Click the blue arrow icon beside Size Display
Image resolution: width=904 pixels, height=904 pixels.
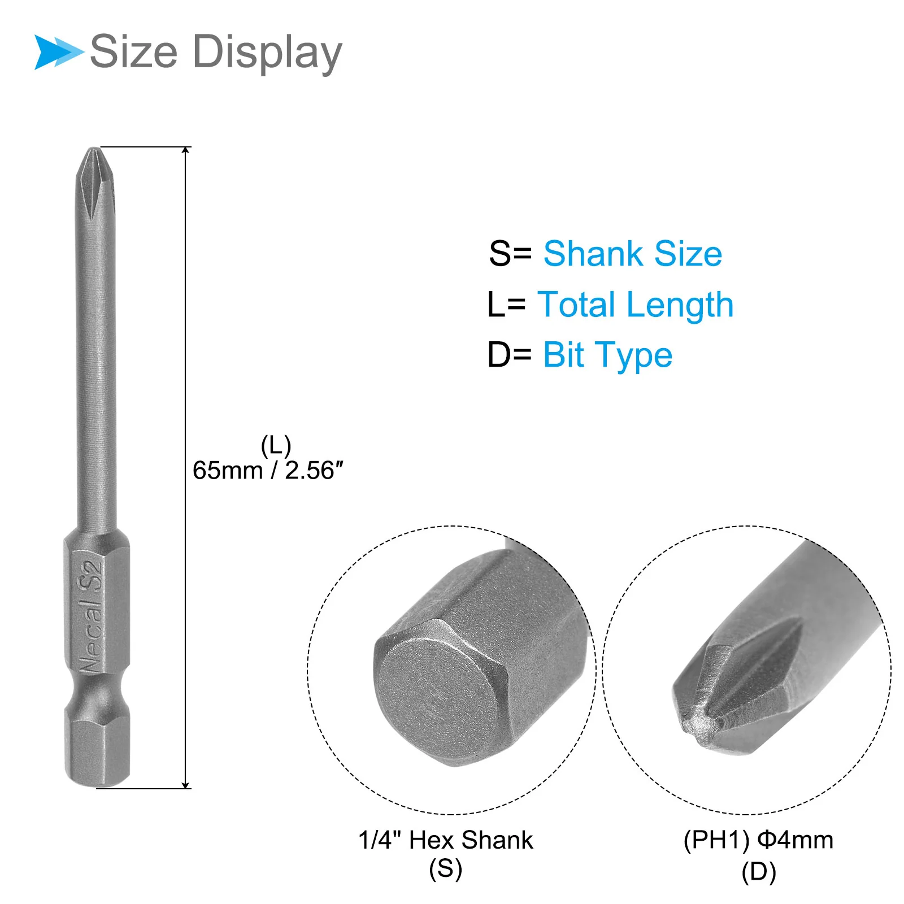[58, 52]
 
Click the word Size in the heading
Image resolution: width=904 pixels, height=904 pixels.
[134, 51]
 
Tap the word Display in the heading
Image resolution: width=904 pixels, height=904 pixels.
[267, 53]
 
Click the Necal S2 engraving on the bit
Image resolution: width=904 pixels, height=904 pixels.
[91, 616]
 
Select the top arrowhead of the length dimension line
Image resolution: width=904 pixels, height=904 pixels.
[185, 150]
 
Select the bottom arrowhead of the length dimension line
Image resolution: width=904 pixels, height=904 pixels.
[185, 785]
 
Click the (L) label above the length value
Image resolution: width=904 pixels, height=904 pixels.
[276, 446]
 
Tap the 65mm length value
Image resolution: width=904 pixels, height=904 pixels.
[228, 471]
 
